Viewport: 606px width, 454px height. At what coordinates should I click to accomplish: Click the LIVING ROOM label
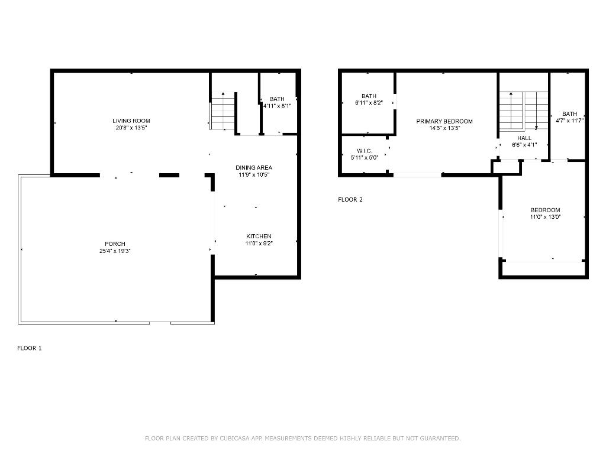click(131, 121)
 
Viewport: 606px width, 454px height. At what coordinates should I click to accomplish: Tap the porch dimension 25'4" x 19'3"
click(115, 251)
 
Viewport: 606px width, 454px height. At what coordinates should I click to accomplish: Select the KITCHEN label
click(259, 236)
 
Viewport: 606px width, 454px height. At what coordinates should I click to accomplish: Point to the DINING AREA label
click(254, 167)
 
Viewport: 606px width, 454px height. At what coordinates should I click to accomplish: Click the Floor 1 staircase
click(223, 112)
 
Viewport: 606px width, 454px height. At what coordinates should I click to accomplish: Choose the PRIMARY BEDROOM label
click(444, 121)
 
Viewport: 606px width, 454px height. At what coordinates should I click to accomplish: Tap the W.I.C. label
click(364, 150)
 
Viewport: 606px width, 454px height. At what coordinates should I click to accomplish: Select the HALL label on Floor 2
click(524, 138)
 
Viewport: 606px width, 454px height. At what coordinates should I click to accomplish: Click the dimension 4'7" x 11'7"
click(570, 121)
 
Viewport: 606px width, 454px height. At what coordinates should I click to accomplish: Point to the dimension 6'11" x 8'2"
click(369, 103)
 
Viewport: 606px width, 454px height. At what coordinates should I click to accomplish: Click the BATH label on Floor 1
click(277, 99)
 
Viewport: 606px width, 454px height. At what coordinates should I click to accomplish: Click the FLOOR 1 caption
click(29, 348)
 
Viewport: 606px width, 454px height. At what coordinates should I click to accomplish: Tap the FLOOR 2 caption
click(350, 199)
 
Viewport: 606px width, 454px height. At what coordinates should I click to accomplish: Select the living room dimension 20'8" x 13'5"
click(131, 128)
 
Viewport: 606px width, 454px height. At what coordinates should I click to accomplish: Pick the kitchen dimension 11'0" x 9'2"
click(259, 243)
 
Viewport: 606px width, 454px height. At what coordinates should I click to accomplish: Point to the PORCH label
click(115, 244)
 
